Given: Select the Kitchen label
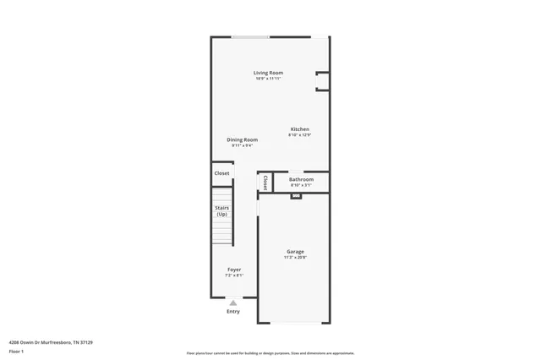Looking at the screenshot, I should tap(300, 129).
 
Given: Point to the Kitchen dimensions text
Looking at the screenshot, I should tap(300, 135).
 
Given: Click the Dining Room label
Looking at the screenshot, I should tap(241, 139).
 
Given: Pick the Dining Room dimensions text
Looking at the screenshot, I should tap(241, 145).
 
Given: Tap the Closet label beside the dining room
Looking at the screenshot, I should tap(221, 173).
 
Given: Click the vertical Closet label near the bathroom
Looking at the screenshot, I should tap(265, 182).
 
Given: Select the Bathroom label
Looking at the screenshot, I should tap(301, 179).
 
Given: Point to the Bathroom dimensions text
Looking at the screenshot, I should tap(301, 185).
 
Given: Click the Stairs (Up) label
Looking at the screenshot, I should tap(221, 210).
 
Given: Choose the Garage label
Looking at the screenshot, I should tap(295, 251).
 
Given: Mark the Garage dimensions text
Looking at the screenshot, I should tap(295, 257).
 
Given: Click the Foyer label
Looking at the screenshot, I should tap(234, 270).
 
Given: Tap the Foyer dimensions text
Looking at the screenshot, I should tap(234, 275).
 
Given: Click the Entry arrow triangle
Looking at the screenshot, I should tap(233, 302).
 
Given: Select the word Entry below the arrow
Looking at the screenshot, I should tap(233, 312).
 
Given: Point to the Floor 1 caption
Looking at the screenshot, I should tap(16, 351).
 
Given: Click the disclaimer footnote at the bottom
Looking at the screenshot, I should tap(270, 353).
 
